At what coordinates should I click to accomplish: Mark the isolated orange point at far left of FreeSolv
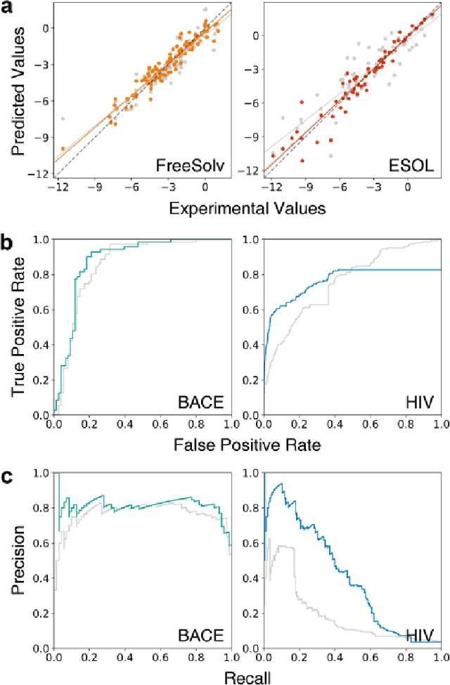[x=63, y=148]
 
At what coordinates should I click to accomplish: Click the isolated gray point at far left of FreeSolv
[x=63, y=119]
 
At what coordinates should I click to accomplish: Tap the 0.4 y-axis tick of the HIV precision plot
[x=252, y=578]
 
